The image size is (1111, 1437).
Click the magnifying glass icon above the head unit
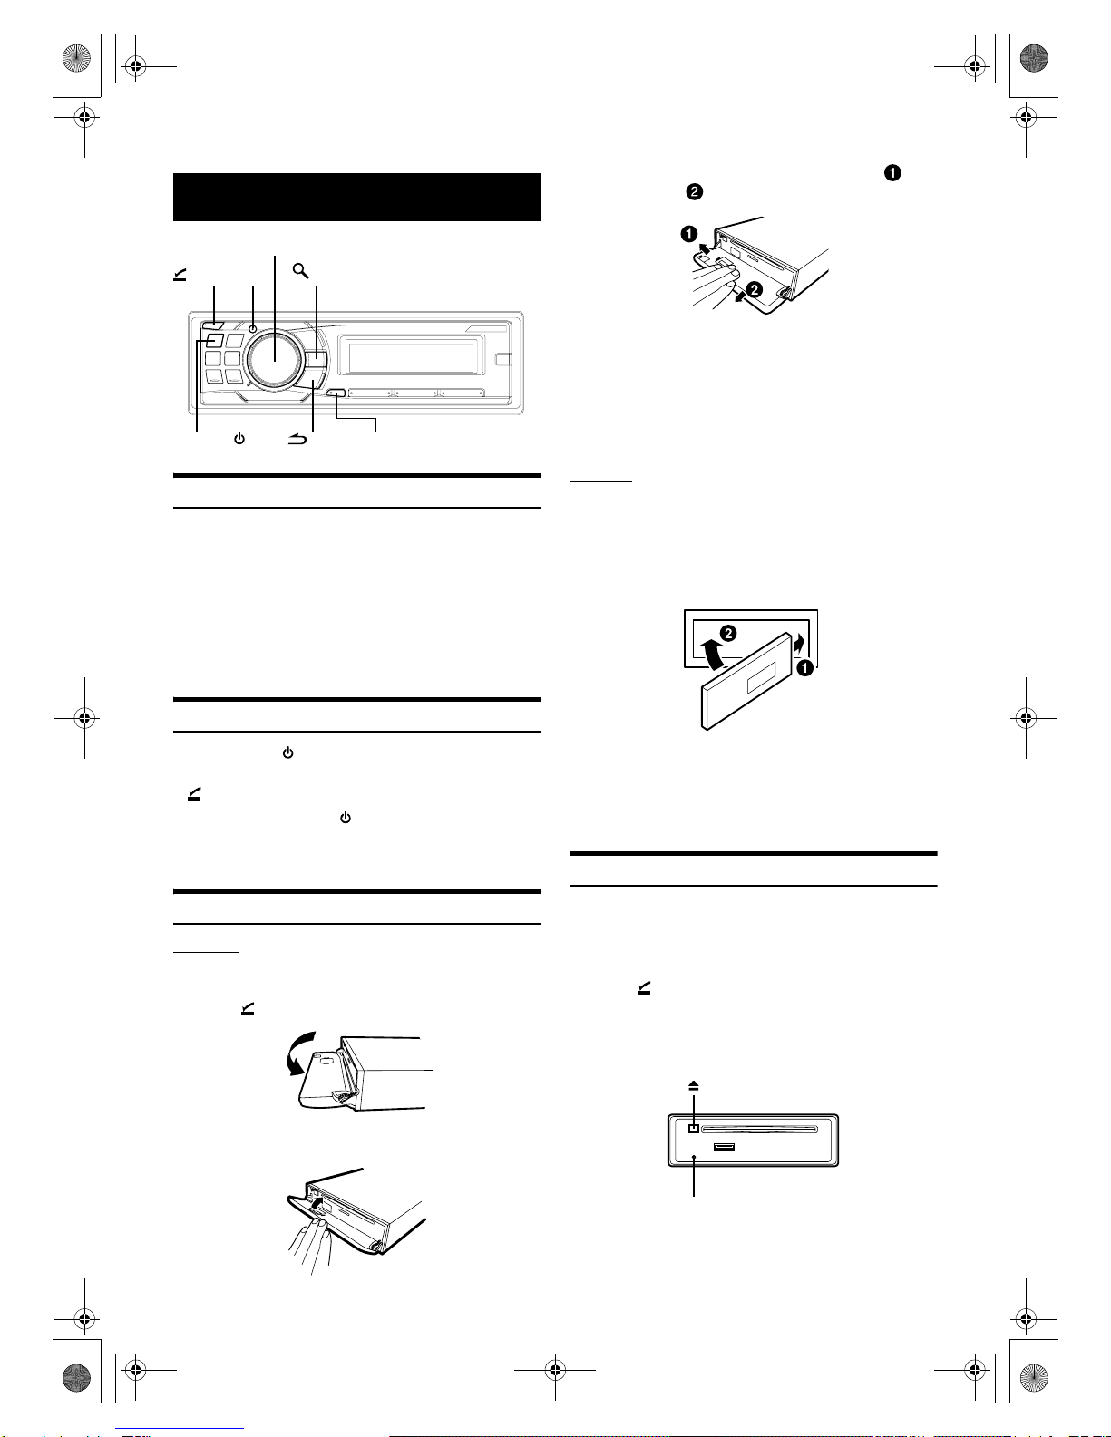tap(301, 270)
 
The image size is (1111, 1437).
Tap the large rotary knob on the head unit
tap(275, 358)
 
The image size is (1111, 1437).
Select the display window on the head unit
tap(411, 357)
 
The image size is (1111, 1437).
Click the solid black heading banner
tap(357, 197)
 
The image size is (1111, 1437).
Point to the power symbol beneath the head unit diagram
tap(239, 439)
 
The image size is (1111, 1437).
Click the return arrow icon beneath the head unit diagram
tap(297, 439)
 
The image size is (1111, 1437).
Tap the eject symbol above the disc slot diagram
tap(693, 1086)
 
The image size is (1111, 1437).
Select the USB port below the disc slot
tap(724, 1146)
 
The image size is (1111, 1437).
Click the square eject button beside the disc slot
tap(693, 1129)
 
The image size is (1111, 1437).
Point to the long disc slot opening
tap(759, 1129)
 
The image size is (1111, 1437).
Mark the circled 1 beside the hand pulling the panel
tap(689, 233)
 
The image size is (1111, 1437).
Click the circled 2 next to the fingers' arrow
tap(754, 289)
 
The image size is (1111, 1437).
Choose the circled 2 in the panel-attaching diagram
tap(727, 634)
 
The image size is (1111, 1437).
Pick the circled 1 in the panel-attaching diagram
tap(804, 668)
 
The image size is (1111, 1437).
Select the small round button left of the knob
tap(253, 329)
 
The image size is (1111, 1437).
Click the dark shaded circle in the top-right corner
tap(1034, 58)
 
